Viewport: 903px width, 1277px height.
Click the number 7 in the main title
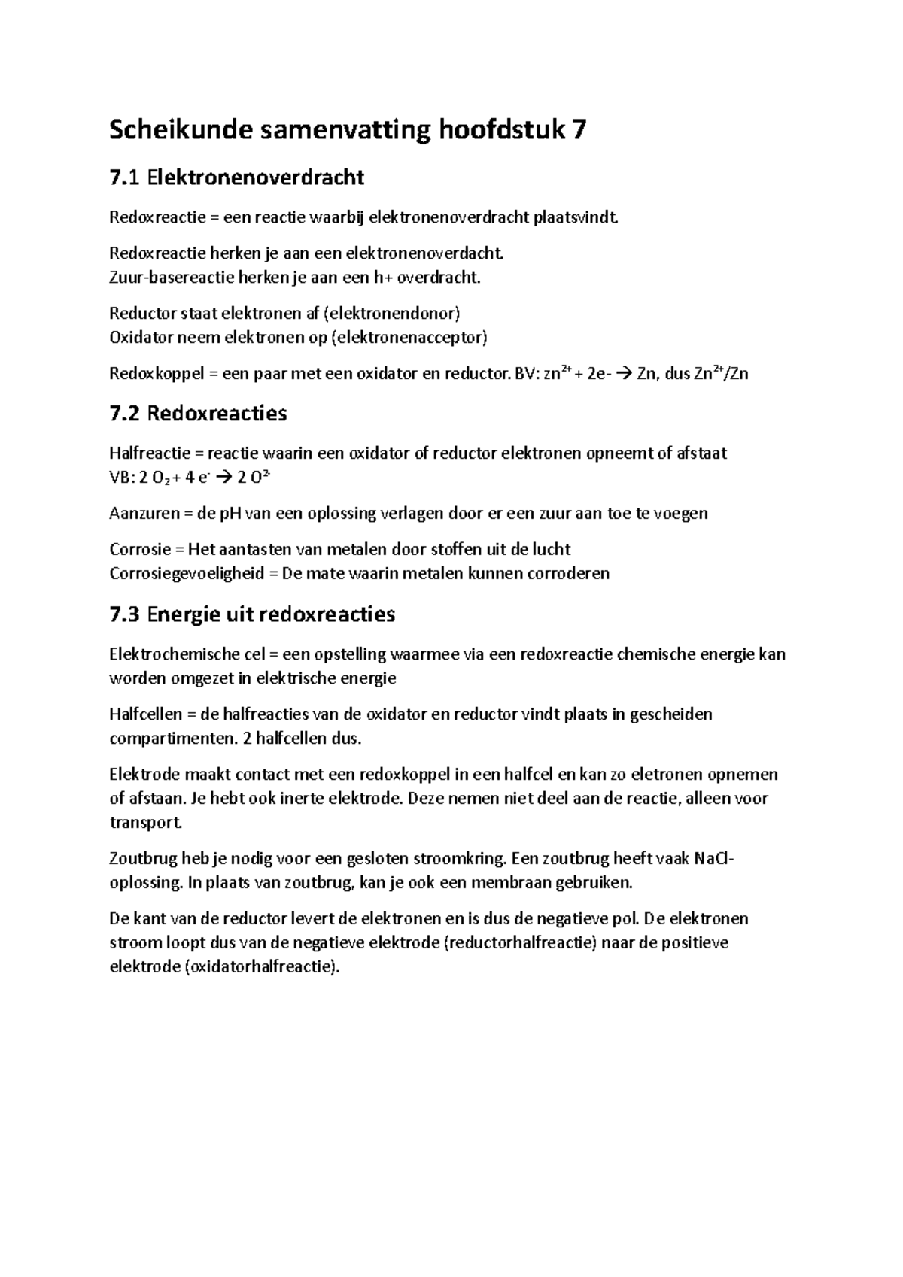click(577, 130)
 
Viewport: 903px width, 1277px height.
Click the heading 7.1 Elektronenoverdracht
click(236, 177)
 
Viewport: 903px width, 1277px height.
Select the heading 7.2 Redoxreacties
click(198, 413)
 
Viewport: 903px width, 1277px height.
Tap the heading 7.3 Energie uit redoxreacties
click(252, 614)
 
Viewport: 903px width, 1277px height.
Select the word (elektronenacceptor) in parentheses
click(409, 338)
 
